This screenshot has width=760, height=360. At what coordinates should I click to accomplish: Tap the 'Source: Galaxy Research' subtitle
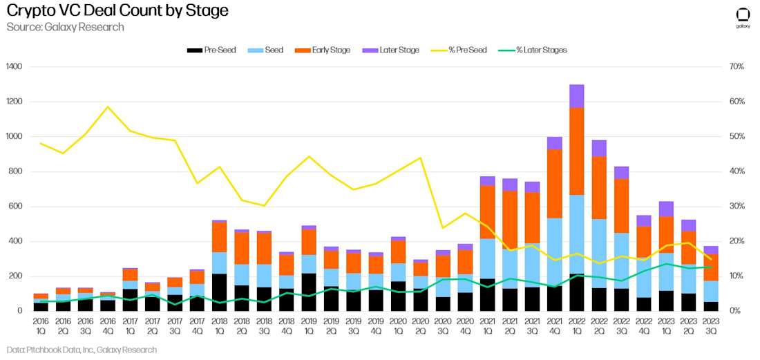[66, 27]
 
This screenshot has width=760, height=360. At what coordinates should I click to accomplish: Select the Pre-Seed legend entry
[211, 50]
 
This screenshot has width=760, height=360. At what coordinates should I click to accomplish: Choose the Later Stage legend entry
[390, 50]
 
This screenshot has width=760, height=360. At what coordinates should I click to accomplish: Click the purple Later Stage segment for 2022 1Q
[576, 96]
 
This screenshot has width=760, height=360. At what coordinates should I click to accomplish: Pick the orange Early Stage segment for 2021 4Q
[554, 183]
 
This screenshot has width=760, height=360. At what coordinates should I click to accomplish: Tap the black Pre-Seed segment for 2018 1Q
[219, 292]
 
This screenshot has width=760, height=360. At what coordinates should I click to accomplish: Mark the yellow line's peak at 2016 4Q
[108, 107]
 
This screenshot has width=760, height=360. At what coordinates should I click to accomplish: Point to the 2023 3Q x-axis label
[710, 325]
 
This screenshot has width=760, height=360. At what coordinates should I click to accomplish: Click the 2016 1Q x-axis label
[41, 325]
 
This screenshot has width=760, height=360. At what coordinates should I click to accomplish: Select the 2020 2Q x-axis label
[420, 325]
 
